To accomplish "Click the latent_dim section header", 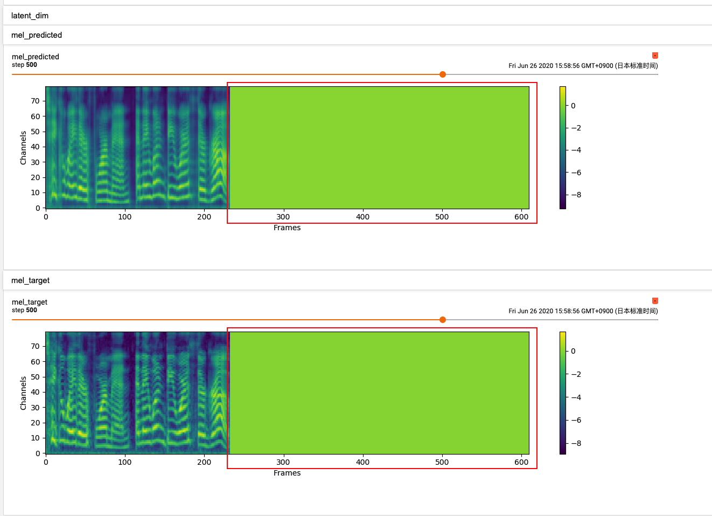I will pos(30,16).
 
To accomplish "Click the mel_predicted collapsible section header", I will pos(37,35).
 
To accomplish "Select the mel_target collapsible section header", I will pos(31,280).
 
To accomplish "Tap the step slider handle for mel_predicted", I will pos(443,74).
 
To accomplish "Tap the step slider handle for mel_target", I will pos(443,320).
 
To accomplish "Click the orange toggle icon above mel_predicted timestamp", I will pos(655,56).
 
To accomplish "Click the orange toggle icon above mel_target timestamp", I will pos(655,301).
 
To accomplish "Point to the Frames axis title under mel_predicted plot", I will pos(287,228).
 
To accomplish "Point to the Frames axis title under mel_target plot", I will pos(287,473).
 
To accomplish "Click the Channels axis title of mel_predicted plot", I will pos(23,148).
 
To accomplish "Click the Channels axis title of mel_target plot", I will pos(23,393).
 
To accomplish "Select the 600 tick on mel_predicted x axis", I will pos(521,217).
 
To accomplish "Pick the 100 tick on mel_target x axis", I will pos(125,462).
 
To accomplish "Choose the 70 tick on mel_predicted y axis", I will pos(36,101).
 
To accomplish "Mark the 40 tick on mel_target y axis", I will pos(36,392).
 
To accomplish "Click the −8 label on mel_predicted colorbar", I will pos(576,195).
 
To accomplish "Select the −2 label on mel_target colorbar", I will pos(576,374).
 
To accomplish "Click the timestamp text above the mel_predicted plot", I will pos(583,66).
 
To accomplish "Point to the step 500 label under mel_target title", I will pos(25,310).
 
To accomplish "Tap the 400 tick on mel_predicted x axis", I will pos(363,217).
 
